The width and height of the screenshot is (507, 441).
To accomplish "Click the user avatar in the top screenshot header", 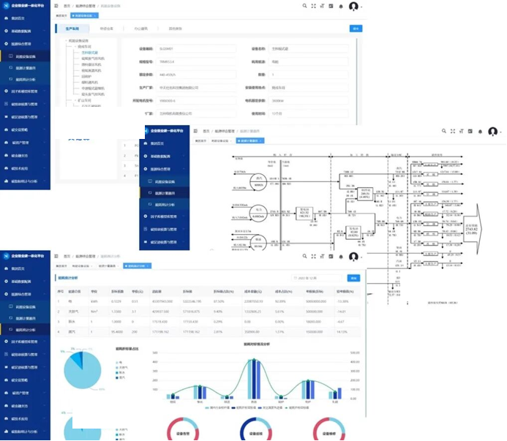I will pyautogui.click(x=354, y=7).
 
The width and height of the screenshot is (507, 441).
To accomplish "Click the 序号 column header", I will pyautogui.click(x=61, y=291).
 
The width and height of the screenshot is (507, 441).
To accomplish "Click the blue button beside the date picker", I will pyautogui.click(x=354, y=279).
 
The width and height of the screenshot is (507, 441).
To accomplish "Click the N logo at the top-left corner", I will pyautogui.click(x=6, y=6).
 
